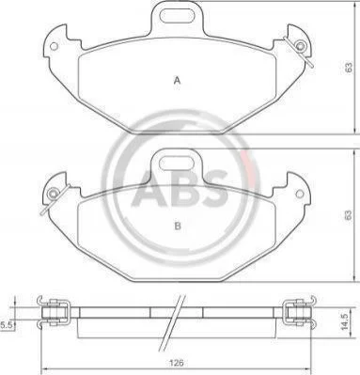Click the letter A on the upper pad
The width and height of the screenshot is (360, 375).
click(x=178, y=81)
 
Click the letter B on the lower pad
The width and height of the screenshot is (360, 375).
click(x=178, y=226)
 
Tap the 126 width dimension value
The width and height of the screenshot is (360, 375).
click(x=176, y=363)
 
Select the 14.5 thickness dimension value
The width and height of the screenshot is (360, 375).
click(x=345, y=321)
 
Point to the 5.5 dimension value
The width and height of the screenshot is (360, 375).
click(x=6, y=326)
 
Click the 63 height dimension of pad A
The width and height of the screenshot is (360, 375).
click(x=349, y=68)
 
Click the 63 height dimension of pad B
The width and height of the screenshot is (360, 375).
click(x=347, y=215)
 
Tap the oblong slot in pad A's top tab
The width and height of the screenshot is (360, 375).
click(x=178, y=15)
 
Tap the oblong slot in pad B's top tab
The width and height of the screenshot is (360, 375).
click(x=178, y=164)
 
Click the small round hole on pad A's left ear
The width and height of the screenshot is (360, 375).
click(x=54, y=46)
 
